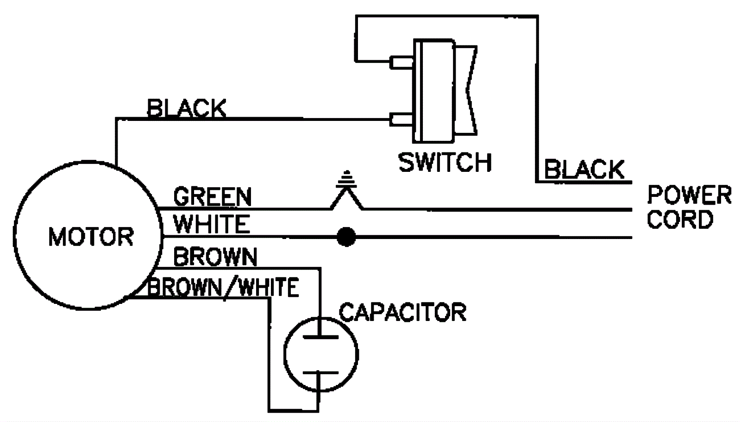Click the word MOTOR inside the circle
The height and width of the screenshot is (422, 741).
point(91,237)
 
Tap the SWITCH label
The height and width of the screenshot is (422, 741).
point(445,162)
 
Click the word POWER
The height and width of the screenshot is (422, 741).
point(689,195)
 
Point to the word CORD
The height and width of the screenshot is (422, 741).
point(679,219)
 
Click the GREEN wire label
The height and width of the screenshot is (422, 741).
point(212,197)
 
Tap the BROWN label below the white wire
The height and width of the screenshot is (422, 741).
point(215,257)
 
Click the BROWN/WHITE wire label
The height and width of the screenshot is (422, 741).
point(223,287)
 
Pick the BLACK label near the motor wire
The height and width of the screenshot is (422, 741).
point(186,108)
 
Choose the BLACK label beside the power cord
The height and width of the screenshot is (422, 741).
point(584,169)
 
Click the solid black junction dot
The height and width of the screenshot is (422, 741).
point(346,237)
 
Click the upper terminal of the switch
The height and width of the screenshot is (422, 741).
point(401,62)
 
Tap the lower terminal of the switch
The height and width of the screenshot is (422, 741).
point(401,120)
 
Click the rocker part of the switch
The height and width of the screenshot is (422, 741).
point(465,90)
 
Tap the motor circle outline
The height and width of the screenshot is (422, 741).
point(15,236)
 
